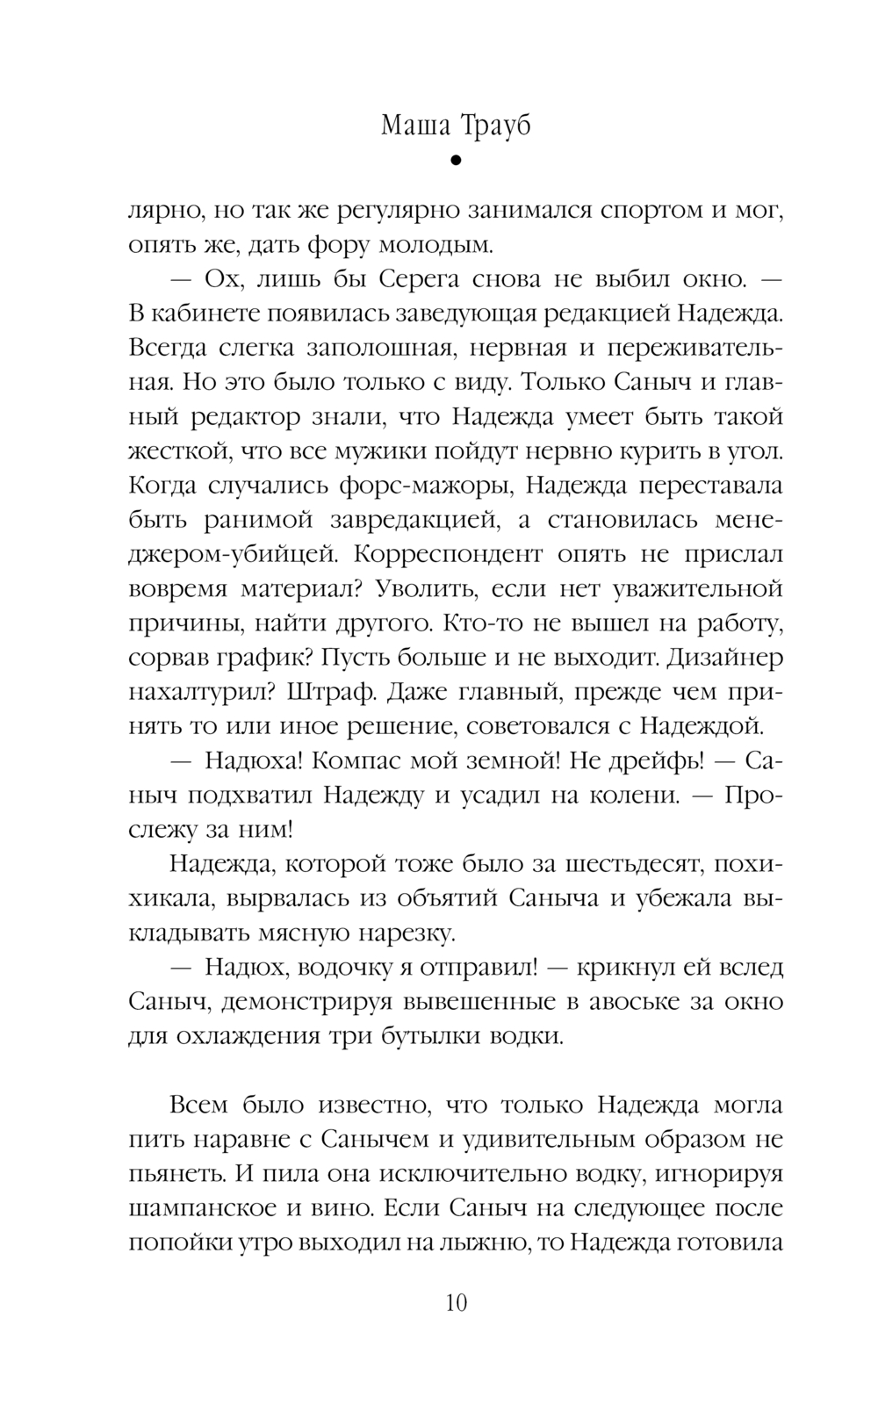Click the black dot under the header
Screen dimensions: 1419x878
(x=455, y=161)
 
